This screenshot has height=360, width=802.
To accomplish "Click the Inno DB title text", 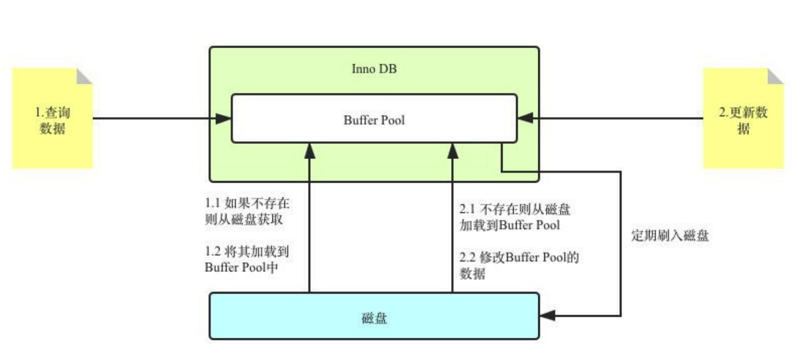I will click(x=374, y=69).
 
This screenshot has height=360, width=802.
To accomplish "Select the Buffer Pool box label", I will click(x=374, y=119).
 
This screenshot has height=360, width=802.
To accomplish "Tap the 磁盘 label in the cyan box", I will click(x=374, y=318).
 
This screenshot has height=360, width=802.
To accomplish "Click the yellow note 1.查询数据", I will click(x=52, y=120).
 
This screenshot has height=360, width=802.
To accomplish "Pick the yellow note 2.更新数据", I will click(x=743, y=120).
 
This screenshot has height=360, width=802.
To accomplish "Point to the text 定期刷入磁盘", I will click(x=670, y=236).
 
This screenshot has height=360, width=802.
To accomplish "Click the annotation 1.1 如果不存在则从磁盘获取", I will click(x=247, y=212).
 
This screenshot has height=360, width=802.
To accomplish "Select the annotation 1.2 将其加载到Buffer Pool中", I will click(x=247, y=259).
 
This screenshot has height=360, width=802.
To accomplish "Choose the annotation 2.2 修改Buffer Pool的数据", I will click(x=519, y=265).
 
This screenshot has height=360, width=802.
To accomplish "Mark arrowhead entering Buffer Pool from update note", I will click(x=525, y=118).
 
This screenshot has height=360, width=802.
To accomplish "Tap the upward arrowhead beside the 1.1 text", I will click(x=309, y=150).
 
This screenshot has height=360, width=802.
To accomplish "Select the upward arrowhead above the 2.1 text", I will click(x=452, y=150).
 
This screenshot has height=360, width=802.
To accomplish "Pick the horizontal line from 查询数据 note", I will click(x=151, y=118).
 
